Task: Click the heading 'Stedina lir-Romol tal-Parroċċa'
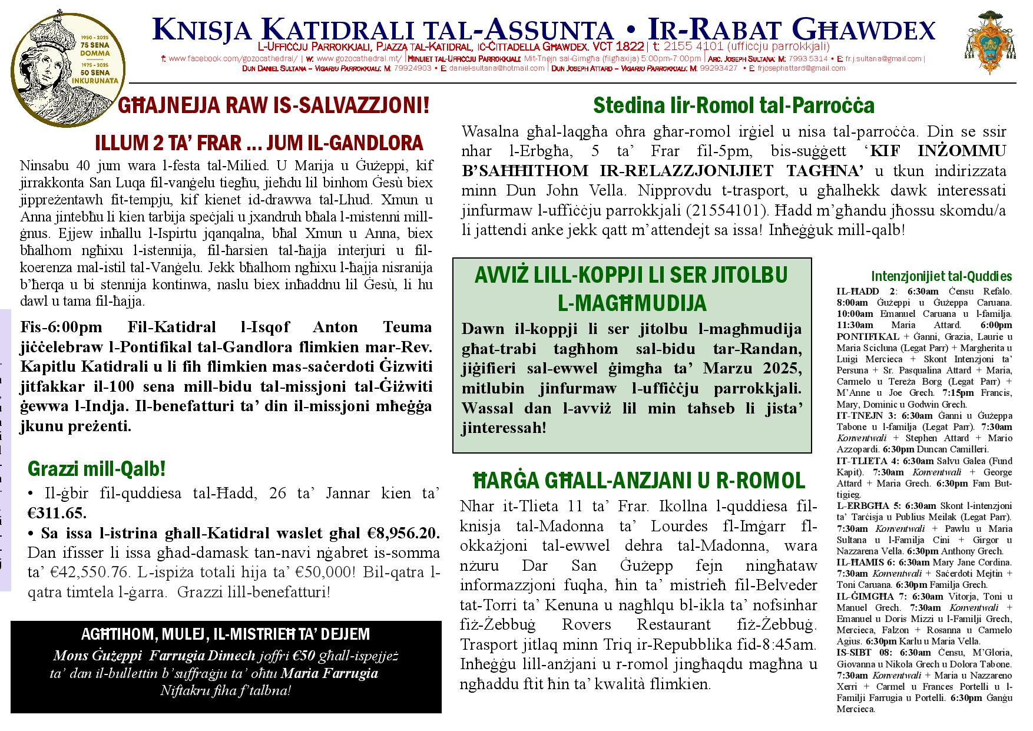(733, 105)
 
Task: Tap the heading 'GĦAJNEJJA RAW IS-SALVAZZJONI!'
(274, 105)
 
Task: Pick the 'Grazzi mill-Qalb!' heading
(97, 469)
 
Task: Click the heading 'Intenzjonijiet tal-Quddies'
(941, 276)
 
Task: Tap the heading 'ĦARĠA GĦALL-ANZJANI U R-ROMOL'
(639, 481)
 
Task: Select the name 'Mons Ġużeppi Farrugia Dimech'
(154, 656)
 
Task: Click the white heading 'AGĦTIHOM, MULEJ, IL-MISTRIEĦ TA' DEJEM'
(225, 634)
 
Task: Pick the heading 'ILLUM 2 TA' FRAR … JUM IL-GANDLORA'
(259, 143)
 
